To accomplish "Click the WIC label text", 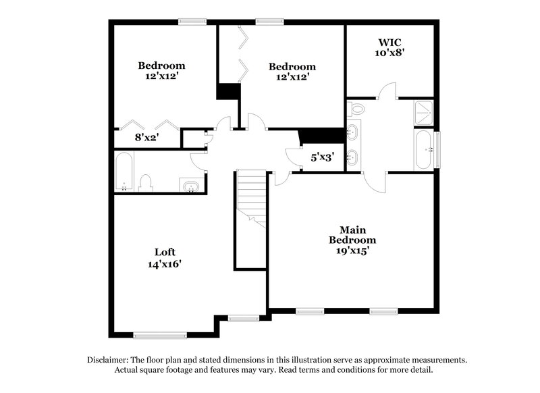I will [x=389, y=42].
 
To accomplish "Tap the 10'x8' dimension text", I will [x=389, y=52].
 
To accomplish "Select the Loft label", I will [x=165, y=253].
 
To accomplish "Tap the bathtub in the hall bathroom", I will [x=124, y=172].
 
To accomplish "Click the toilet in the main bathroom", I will [x=357, y=108].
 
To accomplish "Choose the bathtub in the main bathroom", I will [x=423, y=149].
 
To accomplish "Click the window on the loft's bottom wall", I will [x=156, y=334].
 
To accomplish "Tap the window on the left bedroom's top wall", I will [x=191, y=22].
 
